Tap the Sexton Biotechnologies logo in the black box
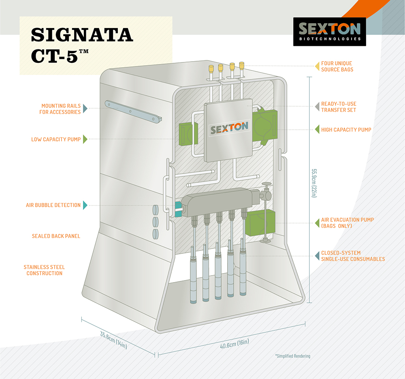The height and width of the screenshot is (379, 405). (x=329, y=31)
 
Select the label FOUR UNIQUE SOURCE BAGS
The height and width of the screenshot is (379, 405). (x=337, y=66)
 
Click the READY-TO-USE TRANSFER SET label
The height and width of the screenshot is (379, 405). (x=339, y=107)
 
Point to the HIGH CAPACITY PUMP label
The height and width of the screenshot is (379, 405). (x=346, y=130)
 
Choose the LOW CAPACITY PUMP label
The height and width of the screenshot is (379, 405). (x=56, y=139)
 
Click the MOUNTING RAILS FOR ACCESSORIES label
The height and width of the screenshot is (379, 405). (x=61, y=109)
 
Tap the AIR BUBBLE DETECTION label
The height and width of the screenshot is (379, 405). (x=53, y=205)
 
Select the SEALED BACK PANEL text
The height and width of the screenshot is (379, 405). (x=56, y=236)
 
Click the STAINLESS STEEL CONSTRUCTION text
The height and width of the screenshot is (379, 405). (x=44, y=270)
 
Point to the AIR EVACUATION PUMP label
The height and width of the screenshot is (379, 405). (x=347, y=223)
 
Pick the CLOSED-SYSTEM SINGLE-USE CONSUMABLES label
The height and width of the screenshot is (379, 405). (x=353, y=256)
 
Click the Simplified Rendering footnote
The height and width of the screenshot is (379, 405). (x=292, y=356)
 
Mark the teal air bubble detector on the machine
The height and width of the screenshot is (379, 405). (x=177, y=207)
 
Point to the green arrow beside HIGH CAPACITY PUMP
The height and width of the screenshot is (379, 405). (x=317, y=130)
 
